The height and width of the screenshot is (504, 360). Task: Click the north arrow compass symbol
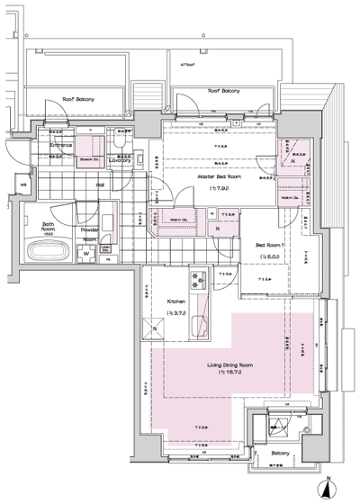[x=328, y=489]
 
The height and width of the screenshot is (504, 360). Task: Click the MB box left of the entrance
[x=23, y=187]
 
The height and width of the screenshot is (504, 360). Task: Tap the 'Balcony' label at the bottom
[x=277, y=453]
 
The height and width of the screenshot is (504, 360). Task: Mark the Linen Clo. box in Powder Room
[x=105, y=249]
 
